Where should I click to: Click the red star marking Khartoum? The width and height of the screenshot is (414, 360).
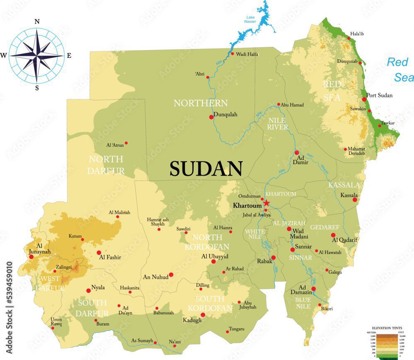[x=267, y=203]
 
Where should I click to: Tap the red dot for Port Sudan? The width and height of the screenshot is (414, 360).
[x=364, y=99]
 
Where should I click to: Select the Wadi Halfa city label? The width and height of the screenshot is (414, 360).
[x=247, y=54]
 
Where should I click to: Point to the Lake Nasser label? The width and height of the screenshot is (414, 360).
[x=250, y=19]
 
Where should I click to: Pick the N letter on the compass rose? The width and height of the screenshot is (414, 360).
[x=37, y=22]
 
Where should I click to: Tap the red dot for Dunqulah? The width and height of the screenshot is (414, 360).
[x=212, y=117]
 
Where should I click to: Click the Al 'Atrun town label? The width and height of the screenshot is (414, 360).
[x=115, y=145]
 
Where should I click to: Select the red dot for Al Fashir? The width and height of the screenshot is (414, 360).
[x=99, y=253]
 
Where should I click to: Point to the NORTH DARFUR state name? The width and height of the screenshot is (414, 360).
[x=106, y=164]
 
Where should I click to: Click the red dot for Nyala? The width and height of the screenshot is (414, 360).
[x=88, y=290]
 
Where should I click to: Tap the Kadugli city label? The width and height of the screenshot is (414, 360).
[x=192, y=320]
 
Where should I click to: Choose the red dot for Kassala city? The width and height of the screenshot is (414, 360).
[x=355, y=200]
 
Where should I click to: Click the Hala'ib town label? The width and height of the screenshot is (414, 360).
[x=359, y=34]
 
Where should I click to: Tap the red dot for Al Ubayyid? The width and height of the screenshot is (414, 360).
[x=214, y=261]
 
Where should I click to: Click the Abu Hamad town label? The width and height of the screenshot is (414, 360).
[x=292, y=105]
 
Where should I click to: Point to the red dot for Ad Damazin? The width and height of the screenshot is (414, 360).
[x=313, y=289]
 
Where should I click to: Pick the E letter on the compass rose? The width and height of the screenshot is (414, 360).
[x=69, y=56]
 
